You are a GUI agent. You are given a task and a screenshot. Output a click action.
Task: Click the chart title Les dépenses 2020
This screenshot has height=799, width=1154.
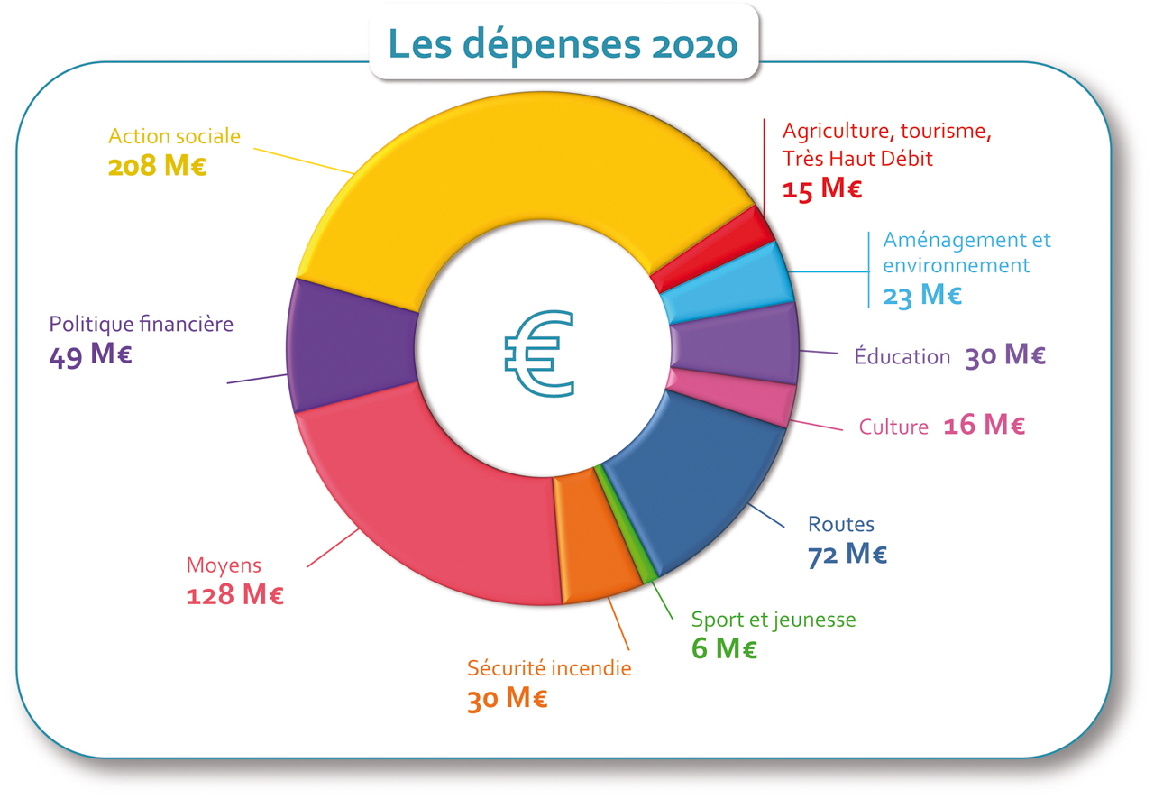coord(563,42)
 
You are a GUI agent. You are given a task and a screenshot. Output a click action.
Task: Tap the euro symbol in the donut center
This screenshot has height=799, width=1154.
coord(540,354)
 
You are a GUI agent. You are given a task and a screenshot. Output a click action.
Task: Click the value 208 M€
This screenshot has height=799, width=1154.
coord(157,167)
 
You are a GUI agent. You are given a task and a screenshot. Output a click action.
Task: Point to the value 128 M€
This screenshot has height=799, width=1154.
coord(234,595)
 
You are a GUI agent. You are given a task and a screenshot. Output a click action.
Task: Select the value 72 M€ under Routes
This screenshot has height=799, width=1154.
coord(847,555)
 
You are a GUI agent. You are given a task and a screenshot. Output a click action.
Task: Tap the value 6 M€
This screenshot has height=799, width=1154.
coord(724,648)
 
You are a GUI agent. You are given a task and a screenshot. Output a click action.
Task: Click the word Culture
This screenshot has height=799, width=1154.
coord(893,427)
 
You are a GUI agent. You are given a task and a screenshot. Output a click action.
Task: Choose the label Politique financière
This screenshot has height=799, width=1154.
coord(141,324)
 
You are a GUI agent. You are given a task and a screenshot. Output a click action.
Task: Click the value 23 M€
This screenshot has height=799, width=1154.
coord(922,295)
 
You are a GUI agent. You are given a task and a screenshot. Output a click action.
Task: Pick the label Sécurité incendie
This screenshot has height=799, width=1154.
coord(549,668)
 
